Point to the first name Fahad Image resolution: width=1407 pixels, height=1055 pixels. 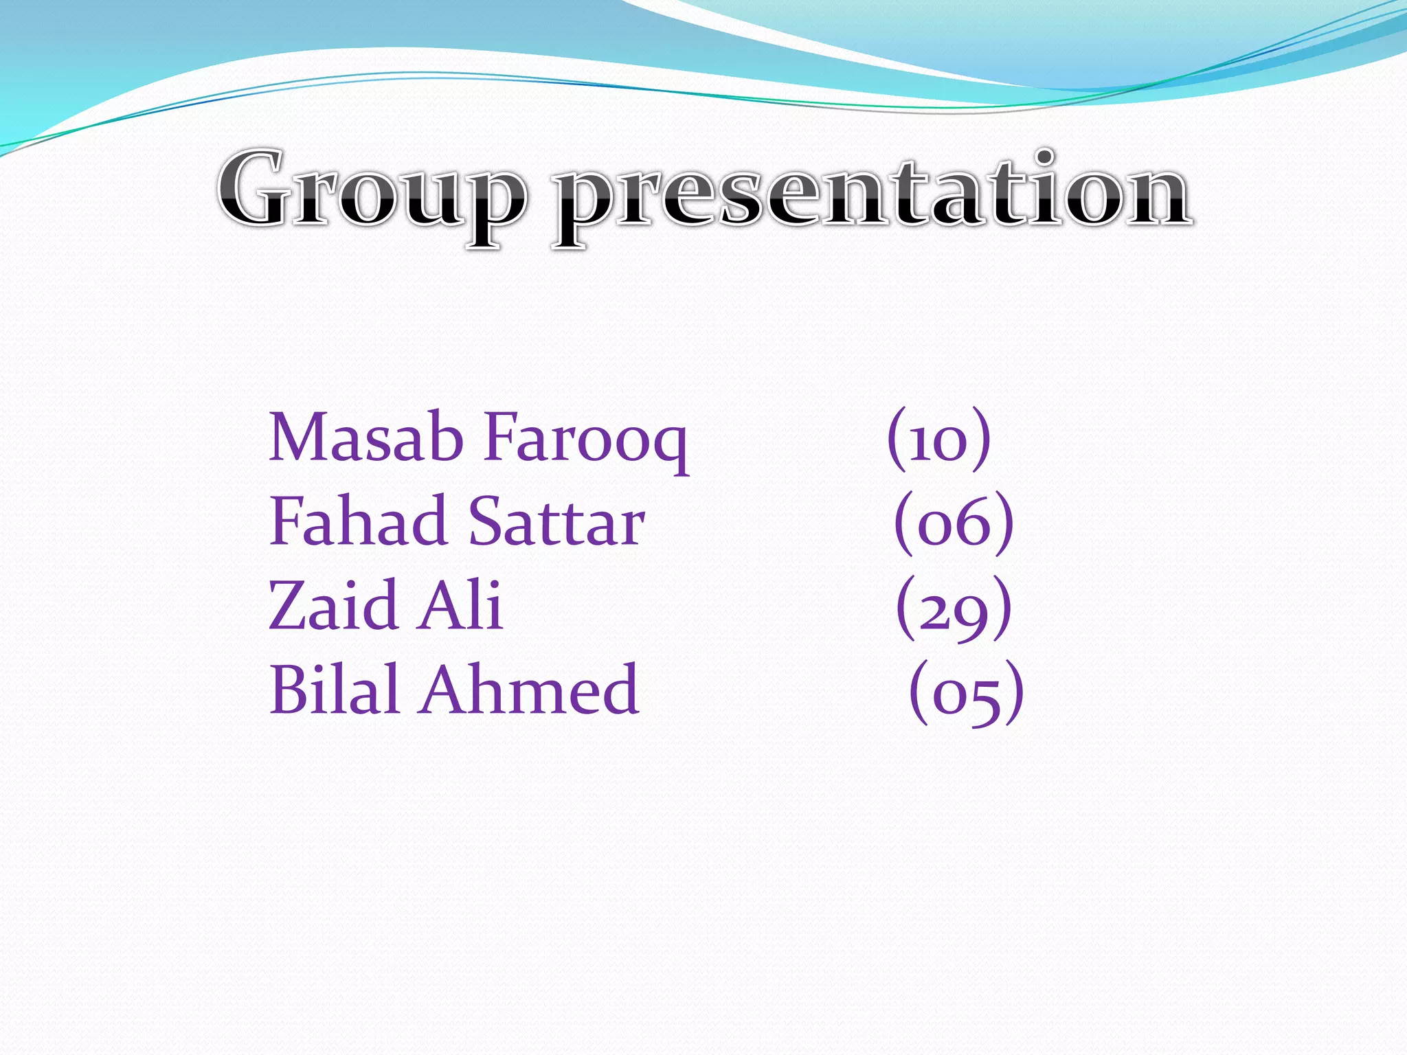pyautogui.click(x=358, y=521)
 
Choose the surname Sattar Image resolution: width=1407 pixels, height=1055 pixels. pyautogui.click(x=556, y=521)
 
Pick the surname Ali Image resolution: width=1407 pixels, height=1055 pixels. pyautogui.click(x=461, y=605)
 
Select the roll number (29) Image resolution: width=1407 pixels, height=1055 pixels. pyautogui.click(x=954, y=609)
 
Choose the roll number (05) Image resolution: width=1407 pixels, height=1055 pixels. pyautogui.click(x=966, y=692)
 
